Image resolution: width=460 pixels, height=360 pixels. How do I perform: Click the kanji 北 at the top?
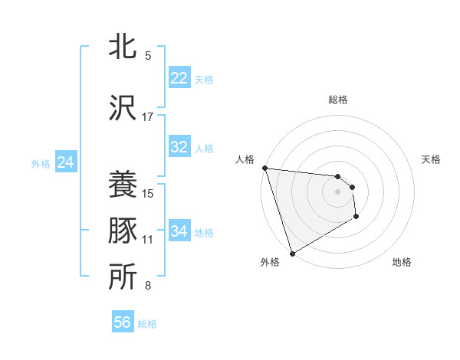[x=123, y=47]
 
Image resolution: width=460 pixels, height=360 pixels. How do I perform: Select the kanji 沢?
[x=123, y=108]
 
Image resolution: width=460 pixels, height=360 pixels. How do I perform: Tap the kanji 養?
[x=123, y=185]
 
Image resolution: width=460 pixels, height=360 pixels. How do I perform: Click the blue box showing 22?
[x=179, y=78]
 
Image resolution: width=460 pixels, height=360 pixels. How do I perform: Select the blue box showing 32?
[x=179, y=147]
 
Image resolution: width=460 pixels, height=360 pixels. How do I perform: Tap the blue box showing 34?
[x=179, y=231]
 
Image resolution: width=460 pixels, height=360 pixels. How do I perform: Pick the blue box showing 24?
[x=65, y=162]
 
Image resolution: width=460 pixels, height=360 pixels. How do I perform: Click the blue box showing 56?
[x=123, y=322]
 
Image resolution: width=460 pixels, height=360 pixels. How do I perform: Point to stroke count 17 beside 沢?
[x=148, y=117]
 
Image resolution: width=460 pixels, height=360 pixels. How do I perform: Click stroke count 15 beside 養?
[x=148, y=193]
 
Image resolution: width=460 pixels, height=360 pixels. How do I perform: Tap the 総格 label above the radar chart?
[x=338, y=100]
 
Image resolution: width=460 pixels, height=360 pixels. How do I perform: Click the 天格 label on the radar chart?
[x=432, y=159]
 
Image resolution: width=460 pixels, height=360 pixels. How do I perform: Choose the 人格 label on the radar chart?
[x=245, y=159]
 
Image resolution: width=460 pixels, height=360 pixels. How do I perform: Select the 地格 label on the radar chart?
[x=402, y=262]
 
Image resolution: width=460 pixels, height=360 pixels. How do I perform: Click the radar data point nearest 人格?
[x=264, y=168]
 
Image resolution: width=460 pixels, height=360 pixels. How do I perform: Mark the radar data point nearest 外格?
[x=292, y=253]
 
